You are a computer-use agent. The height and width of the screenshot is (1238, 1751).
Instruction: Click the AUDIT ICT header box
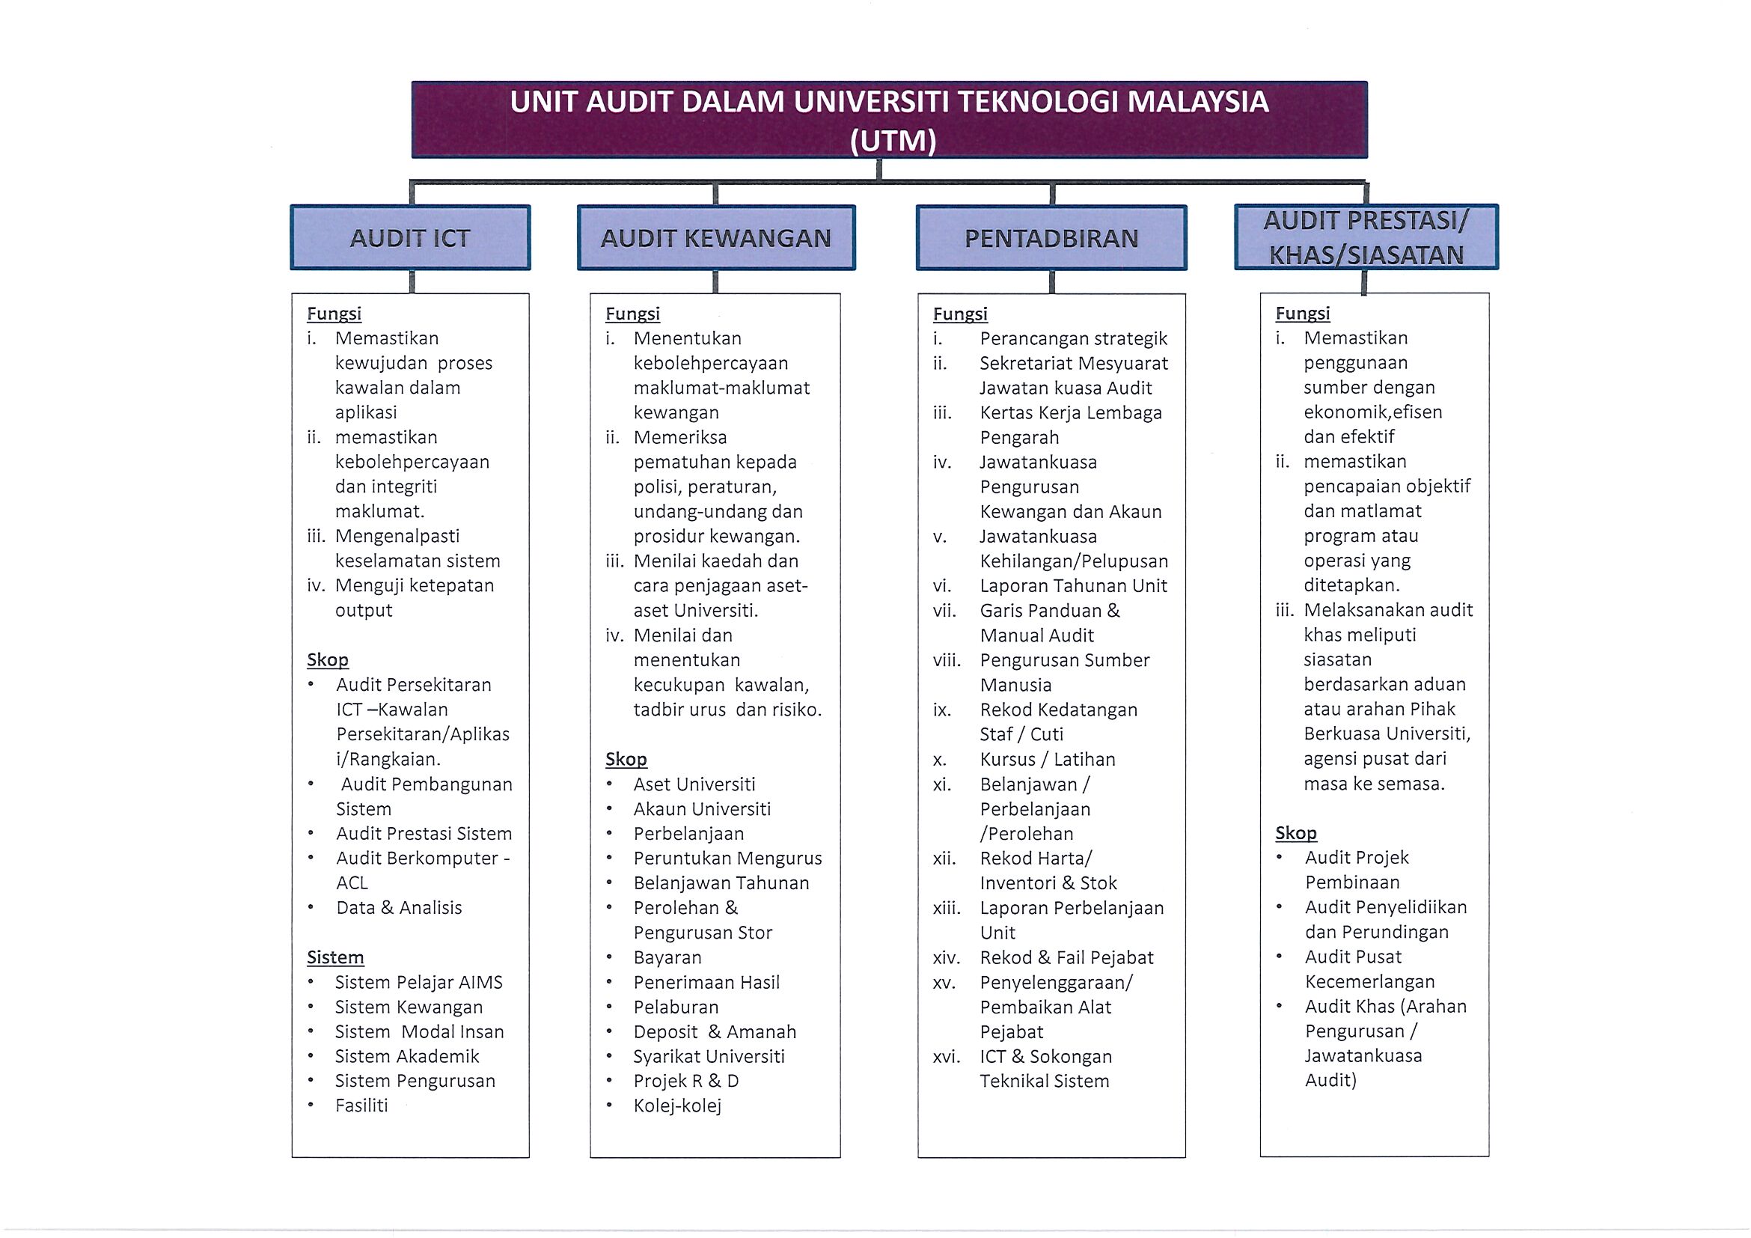click(x=410, y=237)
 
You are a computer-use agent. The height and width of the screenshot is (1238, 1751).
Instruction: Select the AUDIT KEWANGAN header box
click(x=716, y=237)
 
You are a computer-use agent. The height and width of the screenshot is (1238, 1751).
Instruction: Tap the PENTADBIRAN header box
click(x=1051, y=237)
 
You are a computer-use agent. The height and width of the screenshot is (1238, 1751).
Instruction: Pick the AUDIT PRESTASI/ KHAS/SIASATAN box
click(x=1366, y=237)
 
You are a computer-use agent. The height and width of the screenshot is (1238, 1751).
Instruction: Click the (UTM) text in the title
click(x=893, y=141)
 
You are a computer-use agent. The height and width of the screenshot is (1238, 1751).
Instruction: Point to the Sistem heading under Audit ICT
click(x=335, y=957)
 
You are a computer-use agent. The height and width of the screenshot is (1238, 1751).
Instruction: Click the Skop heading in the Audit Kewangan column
click(x=626, y=759)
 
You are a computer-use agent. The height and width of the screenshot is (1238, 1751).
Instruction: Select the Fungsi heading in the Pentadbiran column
click(x=960, y=314)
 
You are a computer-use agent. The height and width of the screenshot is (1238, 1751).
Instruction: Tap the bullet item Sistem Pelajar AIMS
click(x=419, y=982)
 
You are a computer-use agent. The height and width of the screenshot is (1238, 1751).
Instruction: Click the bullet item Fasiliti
click(x=361, y=1106)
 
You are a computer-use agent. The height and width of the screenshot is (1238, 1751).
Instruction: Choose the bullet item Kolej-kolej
click(x=677, y=1106)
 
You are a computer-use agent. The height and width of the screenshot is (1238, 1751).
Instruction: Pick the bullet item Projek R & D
click(x=685, y=1081)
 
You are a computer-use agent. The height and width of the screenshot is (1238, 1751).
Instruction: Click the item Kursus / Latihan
click(x=1047, y=759)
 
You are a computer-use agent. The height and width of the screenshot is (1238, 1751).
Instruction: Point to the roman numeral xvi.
click(x=946, y=1056)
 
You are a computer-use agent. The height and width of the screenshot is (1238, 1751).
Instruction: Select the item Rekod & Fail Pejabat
click(x=1066, y=957)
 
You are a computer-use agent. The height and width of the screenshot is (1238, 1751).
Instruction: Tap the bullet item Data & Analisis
click(x=399, y=908)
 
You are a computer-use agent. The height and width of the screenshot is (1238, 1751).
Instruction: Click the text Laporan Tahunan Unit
click(x=1073, y=586)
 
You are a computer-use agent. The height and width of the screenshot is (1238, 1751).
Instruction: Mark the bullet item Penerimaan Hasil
click(x=706, y=982)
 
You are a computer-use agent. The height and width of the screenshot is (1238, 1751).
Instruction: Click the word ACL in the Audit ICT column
click(x=352, y=882)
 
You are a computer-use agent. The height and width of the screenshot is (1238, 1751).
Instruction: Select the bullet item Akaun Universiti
click(x=702, y=808)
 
